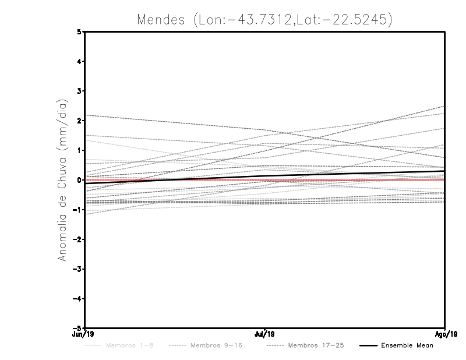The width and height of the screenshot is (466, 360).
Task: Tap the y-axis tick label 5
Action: pos(80,32)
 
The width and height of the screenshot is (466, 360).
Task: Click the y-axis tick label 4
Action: pos(80,62)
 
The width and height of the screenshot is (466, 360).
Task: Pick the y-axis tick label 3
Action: pos(80,91)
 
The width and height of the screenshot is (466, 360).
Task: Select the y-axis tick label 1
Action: pos(80,150)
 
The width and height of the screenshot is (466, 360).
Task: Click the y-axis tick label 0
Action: pos(80,180)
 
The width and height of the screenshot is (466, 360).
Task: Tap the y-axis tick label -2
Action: pos(78,239)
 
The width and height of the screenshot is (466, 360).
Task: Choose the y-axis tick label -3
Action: pos(78,269)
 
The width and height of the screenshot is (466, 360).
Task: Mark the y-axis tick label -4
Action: pos(78,299)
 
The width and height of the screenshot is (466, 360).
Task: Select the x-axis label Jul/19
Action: pos(265,334)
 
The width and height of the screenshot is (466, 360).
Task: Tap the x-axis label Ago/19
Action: pos(445,334)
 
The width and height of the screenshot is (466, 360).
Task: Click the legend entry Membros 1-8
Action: pos(130,345)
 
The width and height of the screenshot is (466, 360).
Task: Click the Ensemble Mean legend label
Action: pos(407,345)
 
